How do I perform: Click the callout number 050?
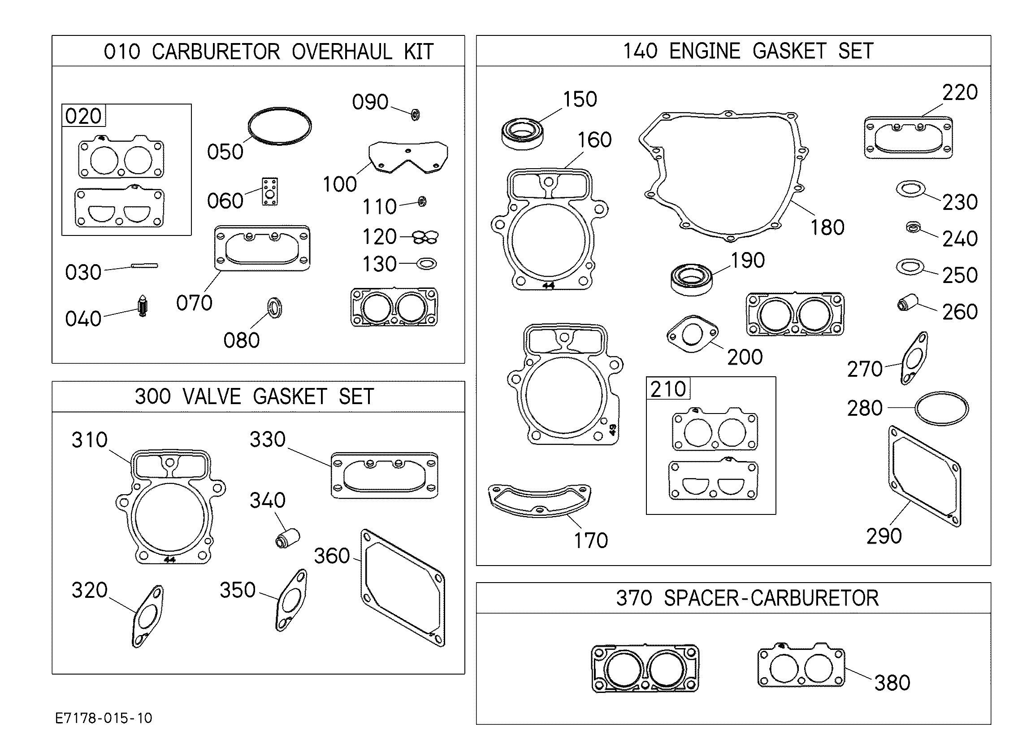click(225, 152)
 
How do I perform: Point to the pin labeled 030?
click(144, 266)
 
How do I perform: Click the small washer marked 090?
click(415, 114)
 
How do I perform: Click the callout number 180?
click(827, 227)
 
